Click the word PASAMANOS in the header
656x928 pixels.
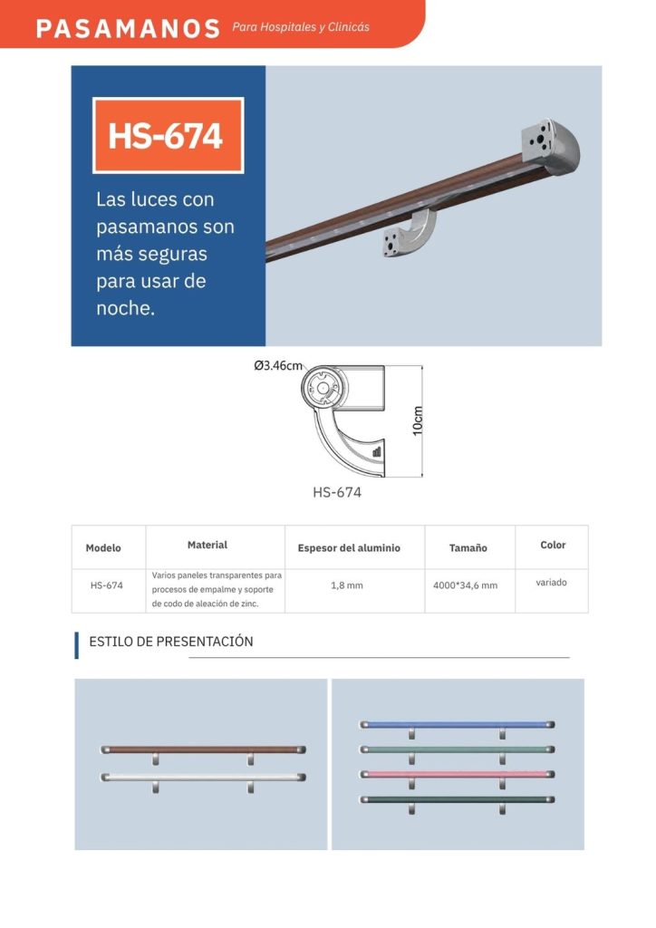click(x=128, y=28)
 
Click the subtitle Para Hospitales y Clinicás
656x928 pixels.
click(x=301, y=27)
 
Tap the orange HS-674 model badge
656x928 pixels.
click(x=168, y=136)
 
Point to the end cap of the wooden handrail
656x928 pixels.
click(x=550, y=146)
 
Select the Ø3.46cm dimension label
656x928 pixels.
click(x=278, y=366)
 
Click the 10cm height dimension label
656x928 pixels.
click(x=418, y=420)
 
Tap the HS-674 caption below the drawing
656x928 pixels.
click(x=336, y=492)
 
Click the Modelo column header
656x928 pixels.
click(x=103, y=548)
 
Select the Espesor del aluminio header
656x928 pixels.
click(x=349, y=548)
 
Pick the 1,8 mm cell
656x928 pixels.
click(x=347, y=585)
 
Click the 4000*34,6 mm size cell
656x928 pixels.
click(x=465, y=585)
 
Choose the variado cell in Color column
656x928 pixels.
click(x=551, y=583)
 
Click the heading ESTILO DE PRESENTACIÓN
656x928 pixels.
click(x=171, y=642)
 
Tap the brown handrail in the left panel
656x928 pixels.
click(x=204, y=749)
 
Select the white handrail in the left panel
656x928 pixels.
click(x=204, y=777)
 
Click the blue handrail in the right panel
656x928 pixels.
click(x=458, y=724)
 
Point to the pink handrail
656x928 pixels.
click(x=458, y=774)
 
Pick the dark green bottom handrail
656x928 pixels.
click(x=458, y=799)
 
